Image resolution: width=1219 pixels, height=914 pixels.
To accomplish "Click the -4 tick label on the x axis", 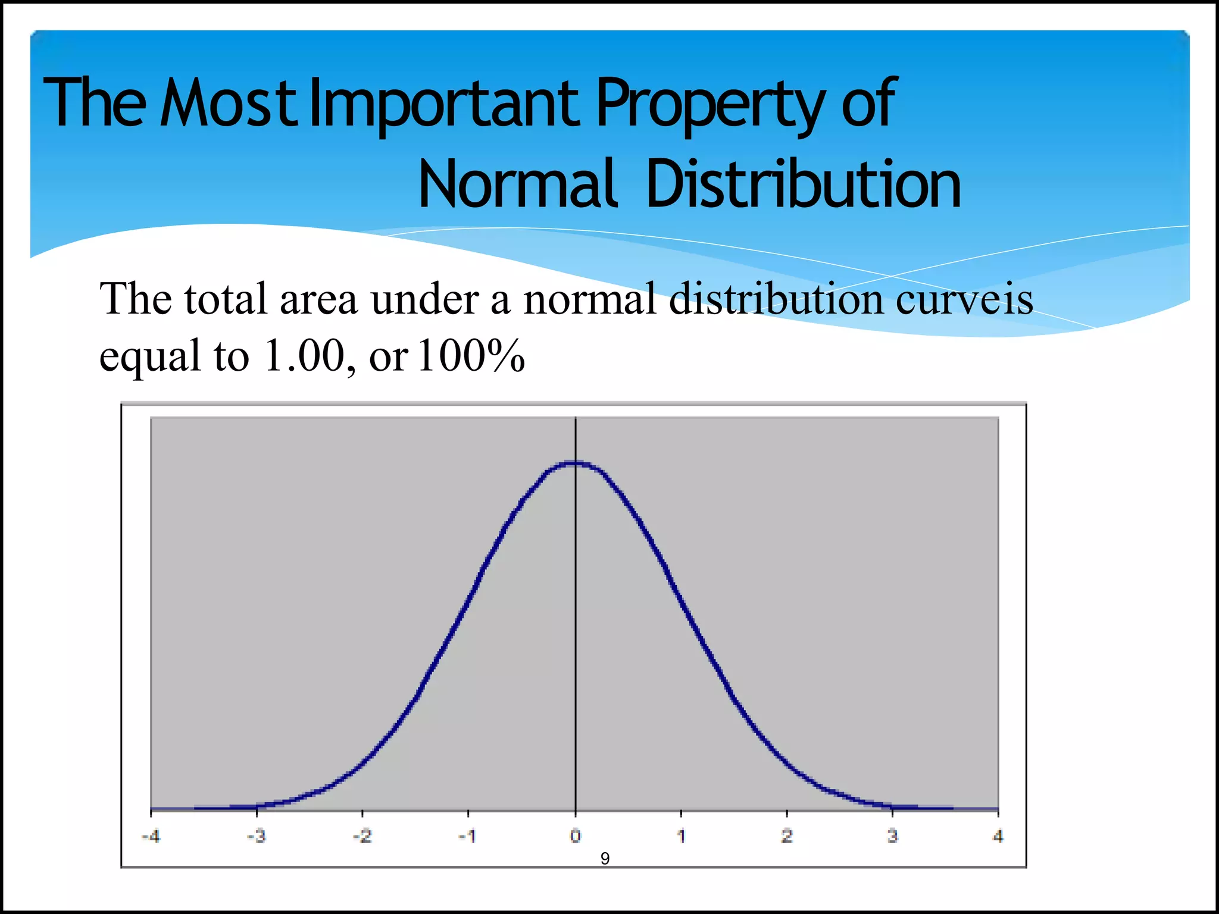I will click(151, 837).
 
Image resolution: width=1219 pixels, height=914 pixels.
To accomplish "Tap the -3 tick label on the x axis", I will click(257, 837).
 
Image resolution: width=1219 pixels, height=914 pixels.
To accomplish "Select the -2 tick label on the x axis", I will click(362, 837).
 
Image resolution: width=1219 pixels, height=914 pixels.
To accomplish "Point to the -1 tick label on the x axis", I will click(467, 837).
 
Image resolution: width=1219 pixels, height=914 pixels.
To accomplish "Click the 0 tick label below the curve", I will click(575, 836).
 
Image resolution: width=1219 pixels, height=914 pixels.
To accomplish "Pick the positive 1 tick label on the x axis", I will click(681, 837).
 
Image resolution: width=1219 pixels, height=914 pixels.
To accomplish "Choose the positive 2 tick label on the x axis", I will click(787, 837).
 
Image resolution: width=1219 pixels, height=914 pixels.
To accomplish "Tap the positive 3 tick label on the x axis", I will click(892, 837).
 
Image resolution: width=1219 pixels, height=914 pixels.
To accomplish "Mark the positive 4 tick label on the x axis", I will click(998, 837).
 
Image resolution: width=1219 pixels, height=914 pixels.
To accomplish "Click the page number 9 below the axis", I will click(605, 859).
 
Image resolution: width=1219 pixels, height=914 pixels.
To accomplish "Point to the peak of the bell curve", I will click(574, 463).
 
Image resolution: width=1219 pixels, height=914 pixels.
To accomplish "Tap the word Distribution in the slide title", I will click(804, 184).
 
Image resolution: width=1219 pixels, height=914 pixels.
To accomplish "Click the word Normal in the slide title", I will click(516, 184).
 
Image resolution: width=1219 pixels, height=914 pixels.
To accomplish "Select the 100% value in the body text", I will click(471, 355).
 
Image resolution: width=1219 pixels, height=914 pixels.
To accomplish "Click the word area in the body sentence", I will click(318, 299).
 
